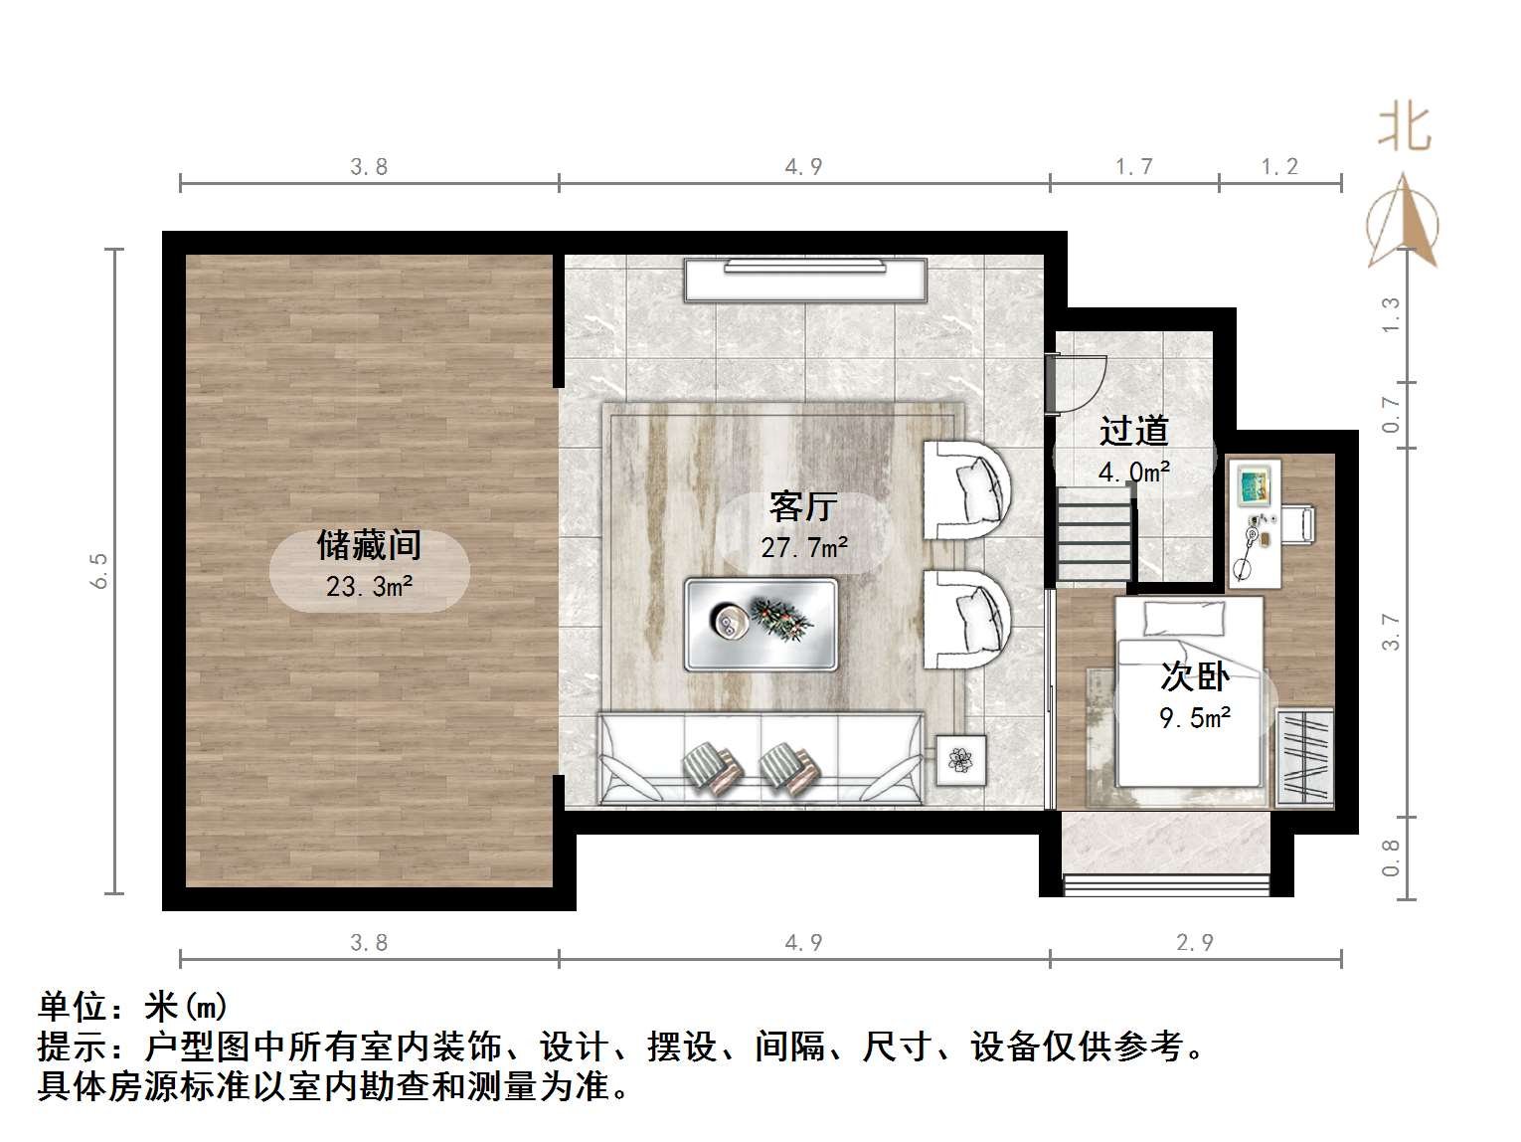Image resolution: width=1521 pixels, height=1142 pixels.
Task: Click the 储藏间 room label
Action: click(369, 544)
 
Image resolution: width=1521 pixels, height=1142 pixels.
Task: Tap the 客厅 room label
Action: click(803, 506)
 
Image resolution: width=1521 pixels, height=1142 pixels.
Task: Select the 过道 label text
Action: click(1133, 431)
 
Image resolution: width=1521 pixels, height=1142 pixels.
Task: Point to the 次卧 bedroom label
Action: click(1195, 676)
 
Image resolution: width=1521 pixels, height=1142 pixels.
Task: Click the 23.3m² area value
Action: click(369, 587)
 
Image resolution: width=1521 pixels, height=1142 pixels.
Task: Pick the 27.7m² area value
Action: click(804, 546)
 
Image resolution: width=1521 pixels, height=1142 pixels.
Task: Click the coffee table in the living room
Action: click(760, 624)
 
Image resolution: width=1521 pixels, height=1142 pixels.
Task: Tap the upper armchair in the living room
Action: click(965, 489)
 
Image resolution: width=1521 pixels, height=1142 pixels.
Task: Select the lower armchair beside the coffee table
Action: click(965, 618)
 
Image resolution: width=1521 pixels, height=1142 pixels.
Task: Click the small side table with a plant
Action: click(961, 760)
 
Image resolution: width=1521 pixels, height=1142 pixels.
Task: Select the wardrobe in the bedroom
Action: click(1304, 756)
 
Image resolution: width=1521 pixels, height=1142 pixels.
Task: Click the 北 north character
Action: click(1404, 128)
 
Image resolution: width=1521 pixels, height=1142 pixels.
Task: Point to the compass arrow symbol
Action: click(1403, 221)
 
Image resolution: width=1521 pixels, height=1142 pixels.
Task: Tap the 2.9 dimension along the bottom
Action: click(1195, 941)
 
